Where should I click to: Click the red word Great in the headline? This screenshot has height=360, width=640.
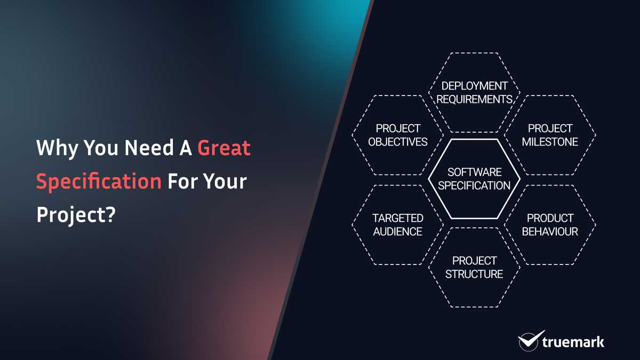(x=224, y=148)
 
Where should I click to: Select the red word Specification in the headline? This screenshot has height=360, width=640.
(x=99, y=182)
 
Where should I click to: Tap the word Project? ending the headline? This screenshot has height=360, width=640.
(x=76, y=215)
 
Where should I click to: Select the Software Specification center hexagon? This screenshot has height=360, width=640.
(x=475, y=179)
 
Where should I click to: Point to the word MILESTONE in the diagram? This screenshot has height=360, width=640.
(x=550, y=142)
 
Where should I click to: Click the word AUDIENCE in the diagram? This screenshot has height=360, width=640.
(x=398, y=232)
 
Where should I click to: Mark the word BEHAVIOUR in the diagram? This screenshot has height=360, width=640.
(x=550, y=232)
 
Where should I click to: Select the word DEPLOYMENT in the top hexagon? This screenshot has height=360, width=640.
(x=475, y=86)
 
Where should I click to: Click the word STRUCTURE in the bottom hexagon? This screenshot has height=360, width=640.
(x=475, y=275)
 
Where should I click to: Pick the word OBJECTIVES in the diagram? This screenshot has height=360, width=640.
(x=398, y=142)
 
